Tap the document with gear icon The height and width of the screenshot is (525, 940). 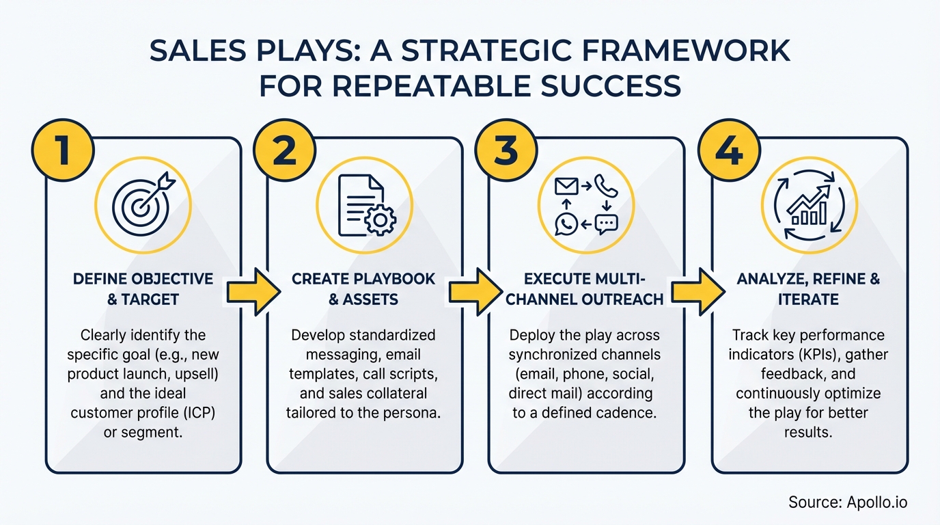364,204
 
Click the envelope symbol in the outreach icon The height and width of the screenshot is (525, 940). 566,185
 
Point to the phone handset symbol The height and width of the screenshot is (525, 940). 605,185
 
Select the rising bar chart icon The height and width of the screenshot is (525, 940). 808,204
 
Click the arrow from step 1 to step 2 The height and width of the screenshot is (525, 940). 253,292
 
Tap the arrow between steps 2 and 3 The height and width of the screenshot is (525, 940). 475,292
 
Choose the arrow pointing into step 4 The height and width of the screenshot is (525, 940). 697,292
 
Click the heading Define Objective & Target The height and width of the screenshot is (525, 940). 143,288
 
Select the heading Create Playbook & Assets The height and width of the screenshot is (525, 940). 363,288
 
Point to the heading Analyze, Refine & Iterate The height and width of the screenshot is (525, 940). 808,288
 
